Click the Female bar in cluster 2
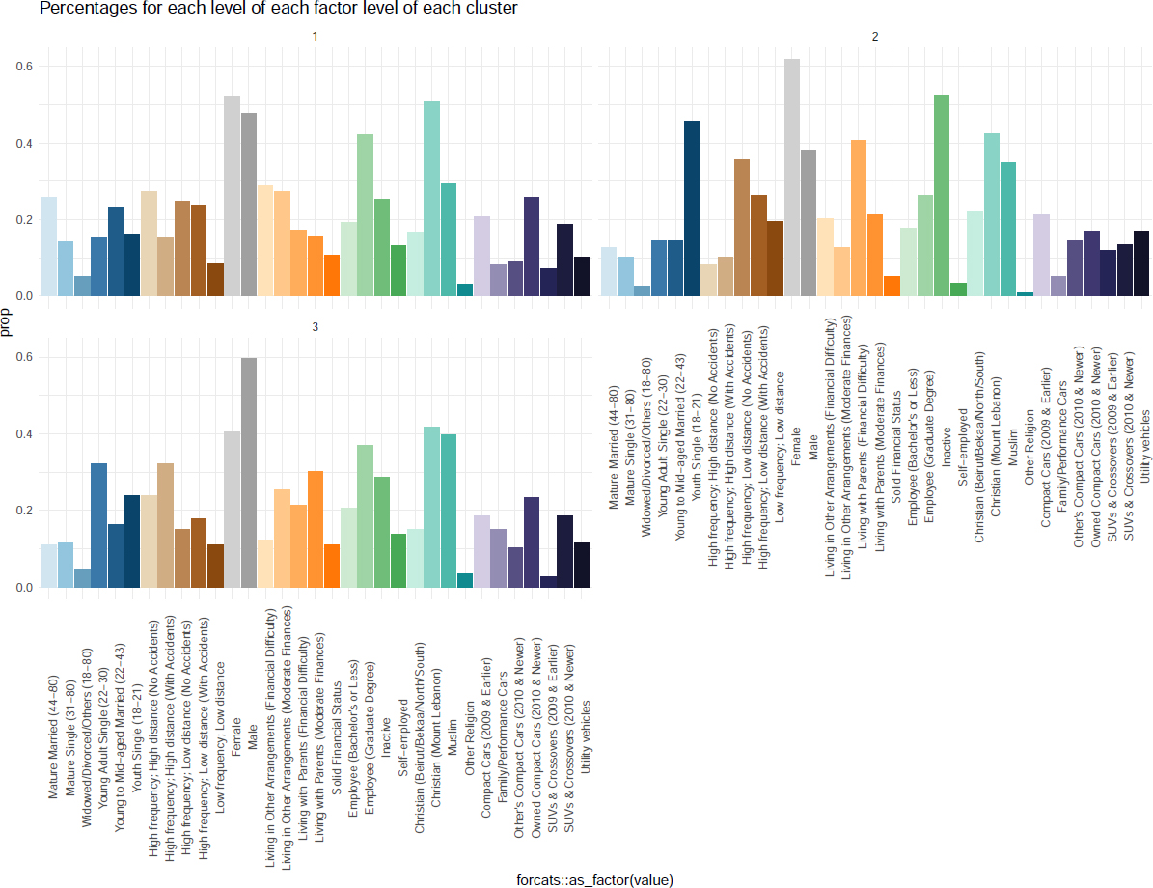coord(792,178)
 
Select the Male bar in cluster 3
coord(249,473)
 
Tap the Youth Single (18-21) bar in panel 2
coord(692,208)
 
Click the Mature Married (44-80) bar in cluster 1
coord(49,246)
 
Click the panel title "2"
coord(875,38)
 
